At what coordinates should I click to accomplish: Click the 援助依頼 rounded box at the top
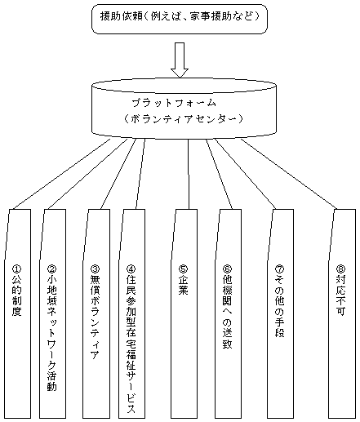click(180, 19)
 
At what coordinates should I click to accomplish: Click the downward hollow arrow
click(180, 60)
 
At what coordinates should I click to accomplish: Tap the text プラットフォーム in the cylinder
click(174, 103)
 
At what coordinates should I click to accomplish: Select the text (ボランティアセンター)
click(183, 119)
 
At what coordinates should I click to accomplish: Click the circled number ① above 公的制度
click(17, 269)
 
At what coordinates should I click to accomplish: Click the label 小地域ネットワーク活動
click(51, 333)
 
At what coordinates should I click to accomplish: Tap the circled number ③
click(95, 269)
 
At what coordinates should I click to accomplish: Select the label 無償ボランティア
click(95, 317)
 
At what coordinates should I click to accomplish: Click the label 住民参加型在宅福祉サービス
click(131, 344)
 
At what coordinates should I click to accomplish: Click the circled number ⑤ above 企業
click(184, 269)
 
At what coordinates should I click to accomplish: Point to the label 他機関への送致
click(227, 312)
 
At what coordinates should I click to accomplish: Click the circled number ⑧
click(340, 269)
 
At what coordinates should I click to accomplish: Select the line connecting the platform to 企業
click(189, 174)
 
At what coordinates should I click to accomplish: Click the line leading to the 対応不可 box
click(289, 174)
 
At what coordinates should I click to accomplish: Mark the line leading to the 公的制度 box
click(61, 174)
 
